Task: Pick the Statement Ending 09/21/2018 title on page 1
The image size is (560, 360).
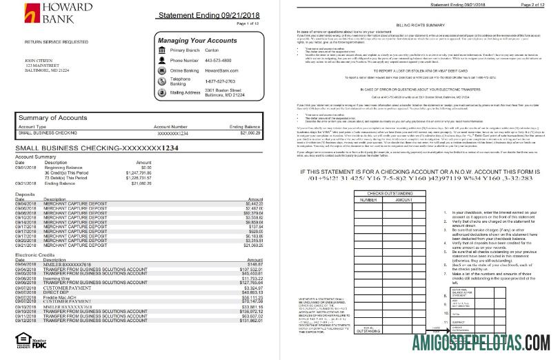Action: click(x=198, y=15)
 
